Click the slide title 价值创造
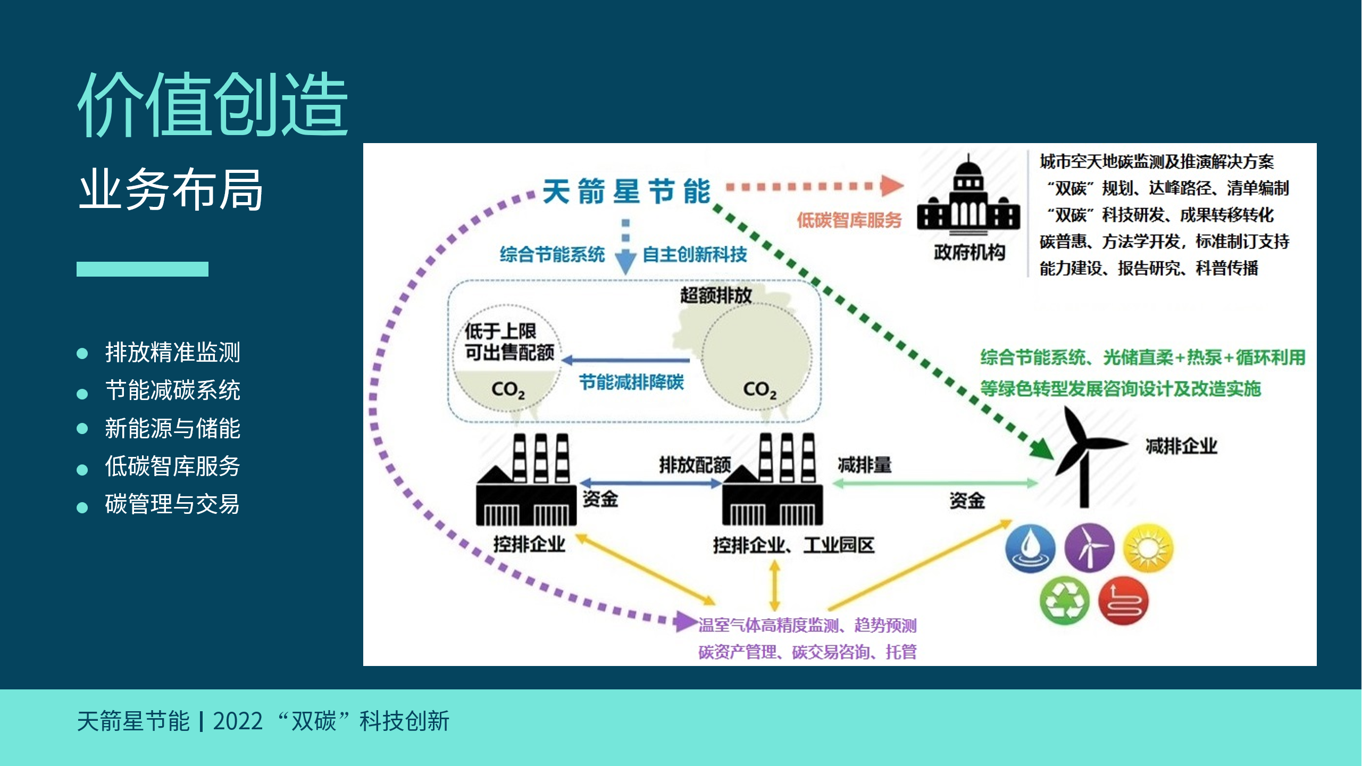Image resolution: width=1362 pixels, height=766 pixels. pyautogui.click(x=213, y=104)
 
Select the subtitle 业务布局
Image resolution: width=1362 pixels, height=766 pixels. pyautogui.click(x=171, y=189)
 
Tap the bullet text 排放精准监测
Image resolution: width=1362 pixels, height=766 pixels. pyautogui.click(x=172, y=352)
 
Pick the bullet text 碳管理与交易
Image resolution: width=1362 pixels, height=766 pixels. pyautogui.click(x=172, y=504)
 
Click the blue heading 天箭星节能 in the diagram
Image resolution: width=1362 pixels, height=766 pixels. pyautogui.click(x=626, y=191)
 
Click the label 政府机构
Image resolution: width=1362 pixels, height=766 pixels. pyautogui.click(x=970, y=252)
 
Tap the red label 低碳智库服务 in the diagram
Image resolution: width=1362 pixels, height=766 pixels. pyautogui.click(x=849, y=220)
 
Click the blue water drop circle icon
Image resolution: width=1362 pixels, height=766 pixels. pyautogui.click(x=1030, y=548)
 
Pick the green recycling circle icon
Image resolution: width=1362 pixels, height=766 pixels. pyautogui.click(x=1064, y=601)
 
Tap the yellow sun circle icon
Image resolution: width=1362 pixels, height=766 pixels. pyautogui.click(x=1148, y=548)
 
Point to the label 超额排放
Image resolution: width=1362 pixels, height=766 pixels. pyautogui.click(x=716, y=295)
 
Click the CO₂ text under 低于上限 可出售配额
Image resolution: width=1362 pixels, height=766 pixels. pyautogui.click(x=508, y=390)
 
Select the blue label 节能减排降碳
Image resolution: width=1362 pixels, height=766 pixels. pyautogui.click(x=631, y=382)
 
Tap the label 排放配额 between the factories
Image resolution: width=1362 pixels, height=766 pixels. pyautogui.click(x=695, y=465)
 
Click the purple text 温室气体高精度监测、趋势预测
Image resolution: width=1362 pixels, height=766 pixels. pyautogui.click(x=807, y=625)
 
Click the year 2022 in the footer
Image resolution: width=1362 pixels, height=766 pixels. pyautogui.click(x=238, y=721)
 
